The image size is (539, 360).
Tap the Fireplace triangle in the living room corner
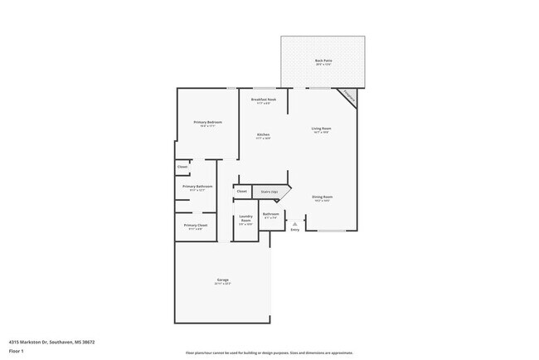click(x=349, y=95)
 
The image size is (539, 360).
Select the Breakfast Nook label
click(x=264, y=101)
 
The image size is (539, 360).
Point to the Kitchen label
click(x=263, y=135)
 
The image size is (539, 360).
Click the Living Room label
click(x=322, y=129)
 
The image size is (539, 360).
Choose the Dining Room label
click(x=323, y=198)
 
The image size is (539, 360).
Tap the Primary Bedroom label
click(x=208, y=124)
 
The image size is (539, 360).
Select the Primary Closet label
click(x=196, y=226)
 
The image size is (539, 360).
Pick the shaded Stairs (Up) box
click(x=270, y=192)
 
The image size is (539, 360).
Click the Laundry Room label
click(x=245, y=219)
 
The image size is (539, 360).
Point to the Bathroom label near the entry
click(x=271, y=215)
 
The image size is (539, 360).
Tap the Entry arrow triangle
click(x=294, y=224)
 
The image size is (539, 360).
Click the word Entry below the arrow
click(x=294, y=231)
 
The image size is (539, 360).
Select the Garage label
click(x=223, y=281)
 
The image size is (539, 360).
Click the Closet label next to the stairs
click(x=242, y=192)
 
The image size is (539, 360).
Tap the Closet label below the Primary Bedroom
click(x=182, y=167)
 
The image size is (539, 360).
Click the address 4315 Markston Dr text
click(x=51, y=341)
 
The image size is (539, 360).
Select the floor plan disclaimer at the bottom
click(x=269, y=353)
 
